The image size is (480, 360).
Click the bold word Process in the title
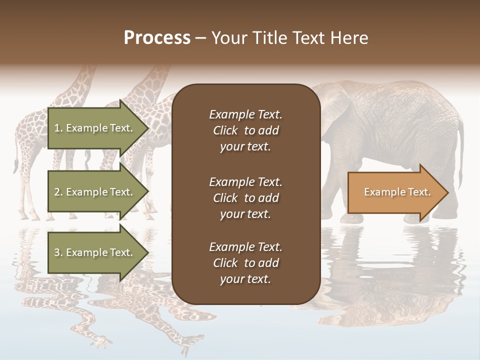pos(157,37)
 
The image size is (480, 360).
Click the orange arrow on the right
pos(395,192)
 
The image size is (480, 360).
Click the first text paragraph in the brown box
pos(245,130)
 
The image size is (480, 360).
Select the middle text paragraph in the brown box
pos(245,198)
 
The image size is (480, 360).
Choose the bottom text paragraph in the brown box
pos(245,263)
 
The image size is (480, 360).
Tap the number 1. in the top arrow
pos(58,128)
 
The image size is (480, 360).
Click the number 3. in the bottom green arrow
pos(58,252)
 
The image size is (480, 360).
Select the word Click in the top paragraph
pos(225,130)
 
